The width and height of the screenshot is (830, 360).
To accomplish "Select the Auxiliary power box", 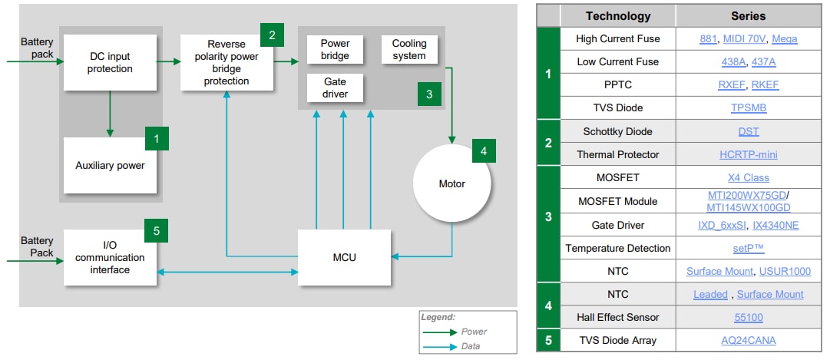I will point(110,165).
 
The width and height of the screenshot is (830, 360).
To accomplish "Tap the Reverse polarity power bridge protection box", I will point(227,63).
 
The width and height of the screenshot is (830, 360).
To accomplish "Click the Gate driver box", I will point(335,88).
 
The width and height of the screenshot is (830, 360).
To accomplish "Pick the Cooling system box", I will point(408,50).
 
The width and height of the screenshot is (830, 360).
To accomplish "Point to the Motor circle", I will point(451,183).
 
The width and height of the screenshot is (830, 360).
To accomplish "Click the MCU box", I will point(345,257).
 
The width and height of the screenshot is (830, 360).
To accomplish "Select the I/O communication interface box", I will point(110,257).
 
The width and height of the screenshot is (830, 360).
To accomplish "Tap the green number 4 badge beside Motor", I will point(483,151).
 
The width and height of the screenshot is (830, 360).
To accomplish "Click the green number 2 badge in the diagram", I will point(272,35).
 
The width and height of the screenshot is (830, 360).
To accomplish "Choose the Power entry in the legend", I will point(474,332).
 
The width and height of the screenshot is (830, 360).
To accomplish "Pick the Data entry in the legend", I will point(471,346).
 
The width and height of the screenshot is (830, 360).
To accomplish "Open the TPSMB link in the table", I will point(748,108).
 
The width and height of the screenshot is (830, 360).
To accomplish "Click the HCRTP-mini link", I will point(748,155).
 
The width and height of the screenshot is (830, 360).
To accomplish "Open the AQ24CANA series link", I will point(748,341).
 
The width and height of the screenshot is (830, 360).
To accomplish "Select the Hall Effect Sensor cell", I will point(617,318).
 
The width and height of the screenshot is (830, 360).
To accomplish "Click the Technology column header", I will point(617,15).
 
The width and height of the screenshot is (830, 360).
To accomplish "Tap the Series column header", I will point(748,15).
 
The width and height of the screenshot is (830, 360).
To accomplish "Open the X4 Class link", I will point(748,178).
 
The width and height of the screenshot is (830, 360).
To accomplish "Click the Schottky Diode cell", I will point(617,131).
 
